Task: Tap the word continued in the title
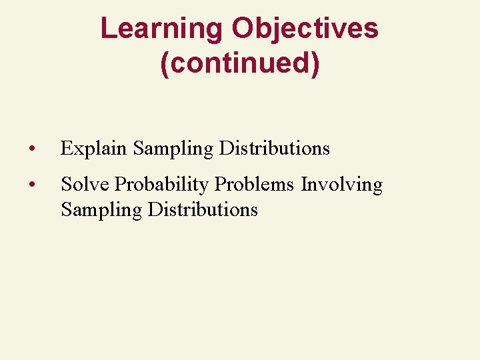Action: (239, 63)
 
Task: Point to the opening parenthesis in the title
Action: (165, 64)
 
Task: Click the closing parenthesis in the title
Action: (315, 64)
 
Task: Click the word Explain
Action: (93, 148)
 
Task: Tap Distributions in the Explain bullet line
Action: (274, 148)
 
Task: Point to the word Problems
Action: (255, 184)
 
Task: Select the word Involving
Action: (341, 185)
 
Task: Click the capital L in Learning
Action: (107, 29)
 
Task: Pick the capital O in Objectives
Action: (243, 29)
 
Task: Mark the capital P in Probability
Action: (120, 184)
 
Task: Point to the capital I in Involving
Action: (304, 184)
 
